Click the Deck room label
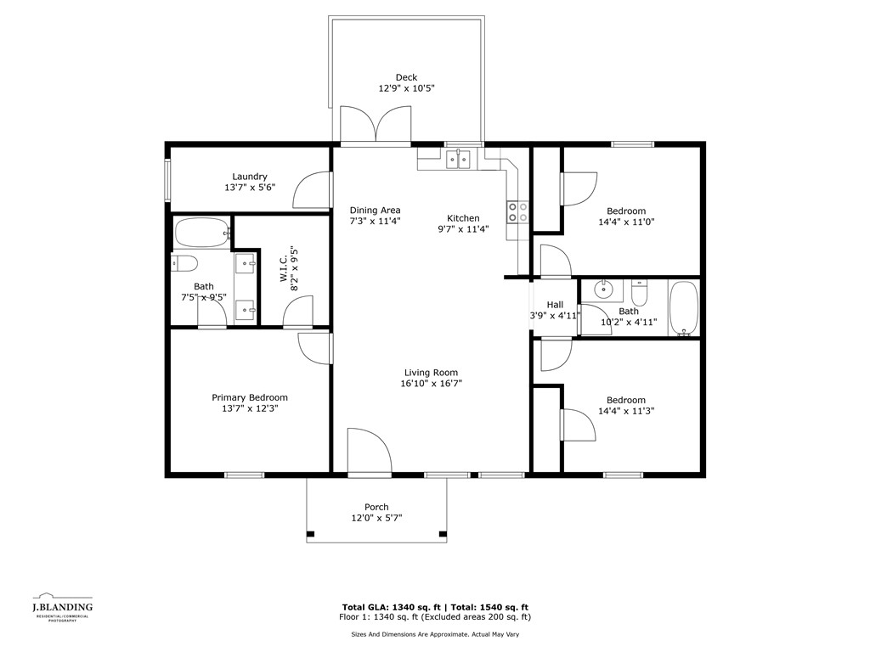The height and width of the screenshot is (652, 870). [x=406, y=77]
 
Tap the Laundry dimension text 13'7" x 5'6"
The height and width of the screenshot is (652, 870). [x=250, y=188]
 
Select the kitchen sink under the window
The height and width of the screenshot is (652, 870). [x=459, y=160]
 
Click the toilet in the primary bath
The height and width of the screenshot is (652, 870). [x=184, y=263]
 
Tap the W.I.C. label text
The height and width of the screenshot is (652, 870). [x=284, y=268]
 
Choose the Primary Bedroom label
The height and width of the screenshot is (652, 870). [x=250, y=397]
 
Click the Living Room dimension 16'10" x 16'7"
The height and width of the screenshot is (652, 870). [x=431, y=384]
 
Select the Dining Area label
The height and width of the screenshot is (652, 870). [x=375, y=211]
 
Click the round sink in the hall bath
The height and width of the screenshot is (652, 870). [x=602, y=289]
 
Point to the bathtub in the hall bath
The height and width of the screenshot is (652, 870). [x=684, y=308]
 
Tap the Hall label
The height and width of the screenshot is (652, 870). [x=555, y=305]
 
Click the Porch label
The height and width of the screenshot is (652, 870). [x=376, y=508]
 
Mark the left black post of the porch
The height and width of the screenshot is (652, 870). [x=311, y=535]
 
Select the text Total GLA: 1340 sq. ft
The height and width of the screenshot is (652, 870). [x=393, y=607]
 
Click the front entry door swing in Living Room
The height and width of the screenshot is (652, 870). [x=370, y=452]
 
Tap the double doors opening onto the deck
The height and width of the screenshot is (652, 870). [x=376, y=125]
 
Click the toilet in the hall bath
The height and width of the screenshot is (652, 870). [x=639, y=293]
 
